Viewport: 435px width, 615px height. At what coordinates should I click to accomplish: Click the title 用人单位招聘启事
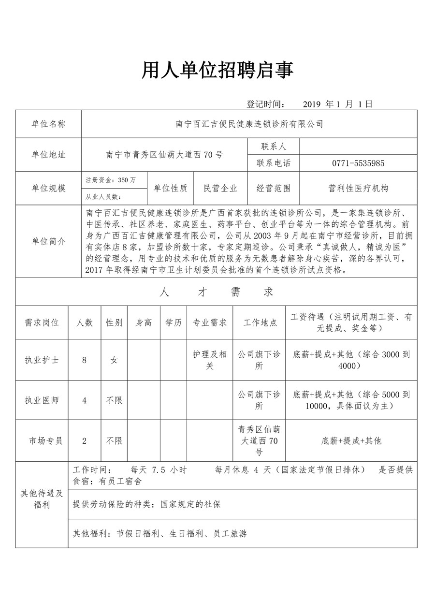coord(217,71)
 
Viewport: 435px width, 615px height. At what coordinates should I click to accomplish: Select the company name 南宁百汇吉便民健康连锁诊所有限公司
coord(249,124)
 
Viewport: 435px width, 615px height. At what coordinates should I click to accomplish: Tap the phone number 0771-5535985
coord(358,163)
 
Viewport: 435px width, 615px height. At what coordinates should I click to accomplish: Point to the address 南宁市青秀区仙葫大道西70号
coord(164,155)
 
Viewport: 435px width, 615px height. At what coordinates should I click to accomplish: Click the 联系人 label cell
coord(274,146)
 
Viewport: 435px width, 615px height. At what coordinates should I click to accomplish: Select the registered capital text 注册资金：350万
coord(111,180)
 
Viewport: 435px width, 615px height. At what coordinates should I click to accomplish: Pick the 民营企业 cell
coord(220,188)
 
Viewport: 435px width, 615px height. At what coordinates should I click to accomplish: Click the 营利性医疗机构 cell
coord(358,188)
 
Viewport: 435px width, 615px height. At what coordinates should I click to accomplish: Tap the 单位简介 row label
coord(48,241)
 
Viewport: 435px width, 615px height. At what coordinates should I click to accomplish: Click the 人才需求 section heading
coord(216,292)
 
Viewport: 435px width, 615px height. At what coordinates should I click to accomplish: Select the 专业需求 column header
coord(210,322)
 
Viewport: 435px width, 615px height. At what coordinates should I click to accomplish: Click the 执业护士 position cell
coord(42,360)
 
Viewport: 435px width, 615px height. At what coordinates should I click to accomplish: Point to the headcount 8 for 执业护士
coord(85,360)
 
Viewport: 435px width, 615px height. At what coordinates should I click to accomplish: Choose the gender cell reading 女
coord(114,360)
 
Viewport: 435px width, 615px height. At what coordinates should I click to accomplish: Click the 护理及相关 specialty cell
coord(210,360)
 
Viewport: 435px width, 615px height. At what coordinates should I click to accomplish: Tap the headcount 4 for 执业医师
coord(85,400)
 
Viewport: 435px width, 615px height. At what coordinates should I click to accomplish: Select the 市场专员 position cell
coord(45,440)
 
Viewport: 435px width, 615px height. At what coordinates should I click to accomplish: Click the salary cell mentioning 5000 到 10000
coord(351,400)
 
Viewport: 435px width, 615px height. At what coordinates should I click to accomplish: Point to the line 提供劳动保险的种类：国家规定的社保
coord(146,504)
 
